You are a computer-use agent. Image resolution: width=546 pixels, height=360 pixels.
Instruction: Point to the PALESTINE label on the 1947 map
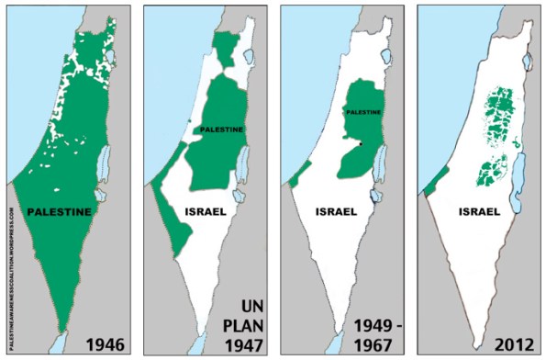(220, 130)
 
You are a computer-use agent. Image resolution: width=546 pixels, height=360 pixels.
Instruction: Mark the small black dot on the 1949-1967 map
(362, 144)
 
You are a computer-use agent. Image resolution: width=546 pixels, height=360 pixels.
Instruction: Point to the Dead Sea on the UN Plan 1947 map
(241, 170)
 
